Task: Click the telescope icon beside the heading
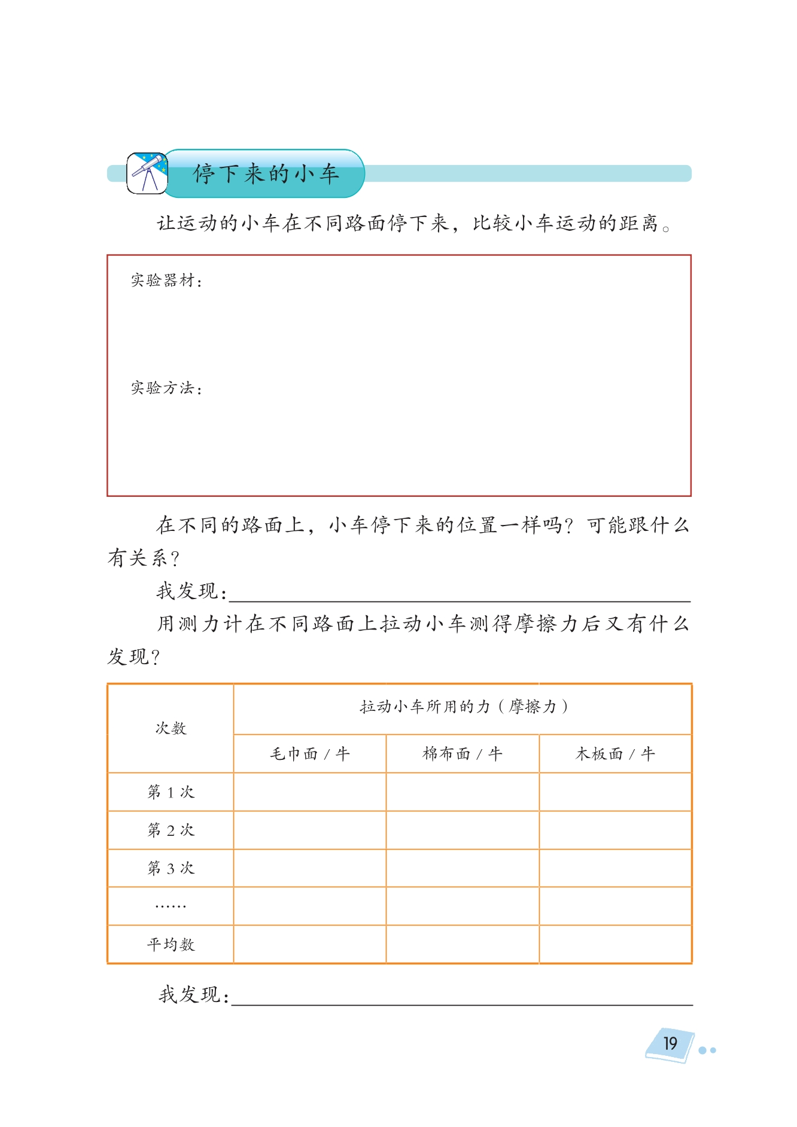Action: coord(147,173)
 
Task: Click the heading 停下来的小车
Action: coord(266,174)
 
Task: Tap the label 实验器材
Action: coord(166,280)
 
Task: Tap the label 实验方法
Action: coord(166,389)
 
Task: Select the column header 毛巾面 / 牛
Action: coord(309,754)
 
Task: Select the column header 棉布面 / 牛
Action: coord(462,754)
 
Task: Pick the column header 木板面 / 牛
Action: coord(615,754)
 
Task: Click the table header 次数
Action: coord(171,728)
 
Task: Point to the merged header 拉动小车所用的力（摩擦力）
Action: coord(463,707)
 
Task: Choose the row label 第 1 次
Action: coord(171,792)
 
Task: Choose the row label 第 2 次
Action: coord(171,830)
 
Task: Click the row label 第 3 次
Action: coord(171,868)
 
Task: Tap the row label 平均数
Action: coord(171,945)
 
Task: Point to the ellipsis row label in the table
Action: coord(171,906)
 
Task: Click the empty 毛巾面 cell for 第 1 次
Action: coord(309,792)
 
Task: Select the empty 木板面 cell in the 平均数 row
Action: coord(615,945)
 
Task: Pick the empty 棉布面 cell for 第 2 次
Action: coord(462,830)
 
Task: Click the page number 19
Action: coord(670,1044)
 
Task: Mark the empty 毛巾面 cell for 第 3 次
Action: coord(309,868)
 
